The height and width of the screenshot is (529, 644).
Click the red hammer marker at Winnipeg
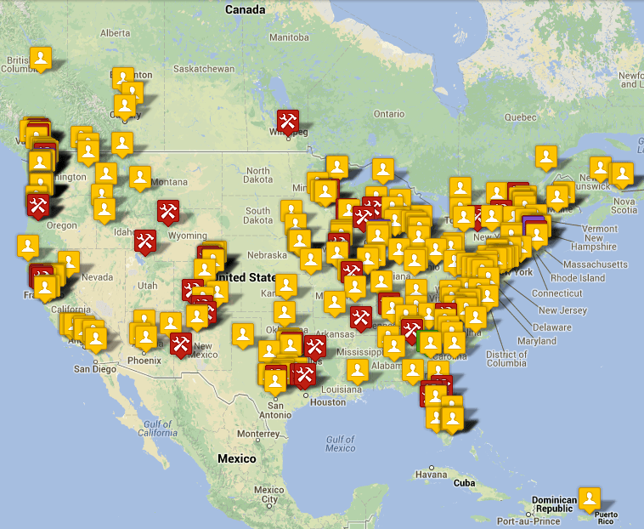pyautogui.click(x=288, y=121)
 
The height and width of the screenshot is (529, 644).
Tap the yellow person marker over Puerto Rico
pyautogui.click(x=590, y=498)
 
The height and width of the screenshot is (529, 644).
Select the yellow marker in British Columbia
pyautogui.click(x=41, y=58)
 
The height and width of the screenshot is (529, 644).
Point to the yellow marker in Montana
pyautogui.click(x=140, y=177)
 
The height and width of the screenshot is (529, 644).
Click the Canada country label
pyautogui.click(x=245, y=9)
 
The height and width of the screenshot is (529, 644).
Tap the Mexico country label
pyautogui.click(x=236, y=458)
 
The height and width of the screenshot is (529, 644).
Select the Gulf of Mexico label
pyautogui.click(x=340, y=443)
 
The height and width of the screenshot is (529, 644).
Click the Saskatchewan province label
pyautogui.click(x=203, y=68)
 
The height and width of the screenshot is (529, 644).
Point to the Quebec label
pyautogui.click(x=520, y=116)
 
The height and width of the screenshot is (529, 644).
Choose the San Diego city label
pyautogui.click(x=94, y=368)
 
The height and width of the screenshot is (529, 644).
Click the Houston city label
pyautogui.click(x=328, y=401)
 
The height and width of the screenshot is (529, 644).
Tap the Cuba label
pyautogui.click(x=464, y=482)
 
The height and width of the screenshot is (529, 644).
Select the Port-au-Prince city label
pyautogui.click(x=528, y=520)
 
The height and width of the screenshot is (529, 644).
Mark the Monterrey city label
pyautogui.click(x=258, y=434)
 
